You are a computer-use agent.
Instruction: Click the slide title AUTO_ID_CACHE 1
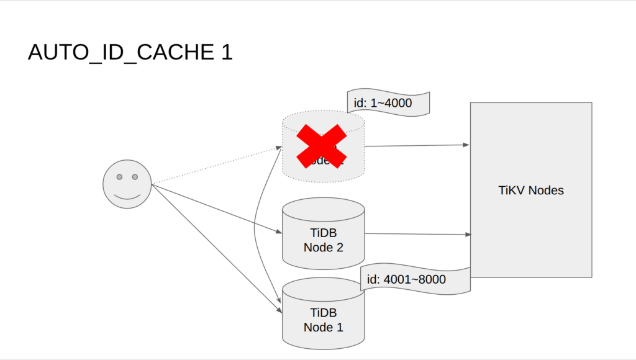tap(130, 53)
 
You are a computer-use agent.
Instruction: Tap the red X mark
tap(321, 146)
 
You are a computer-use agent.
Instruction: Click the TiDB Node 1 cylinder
tap(323, 317)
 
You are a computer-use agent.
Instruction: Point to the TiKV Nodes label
tap(531, 191)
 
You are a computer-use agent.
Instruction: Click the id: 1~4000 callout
tap(388, 102)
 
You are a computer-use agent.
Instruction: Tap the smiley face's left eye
tap(119, 177)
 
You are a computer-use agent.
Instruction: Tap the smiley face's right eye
tap(135, 177)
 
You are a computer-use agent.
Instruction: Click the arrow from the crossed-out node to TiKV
tap(416, 145)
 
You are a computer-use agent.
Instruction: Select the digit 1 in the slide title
tap(226, 53)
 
